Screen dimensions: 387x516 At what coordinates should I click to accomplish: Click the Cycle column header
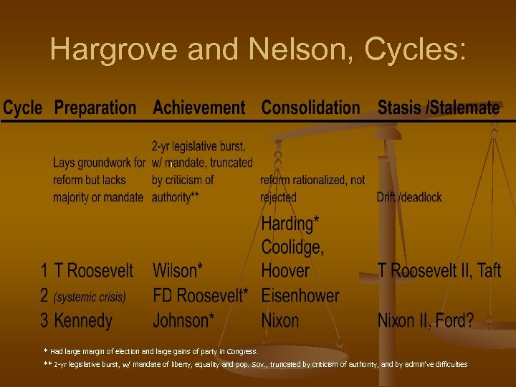[23, 108]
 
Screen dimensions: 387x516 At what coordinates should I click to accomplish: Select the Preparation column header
[95, 108]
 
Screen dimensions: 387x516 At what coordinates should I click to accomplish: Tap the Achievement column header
[199, 108]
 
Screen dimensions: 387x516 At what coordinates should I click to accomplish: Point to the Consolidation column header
[310, 108]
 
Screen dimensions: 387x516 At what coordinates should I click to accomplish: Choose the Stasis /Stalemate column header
[439, 108]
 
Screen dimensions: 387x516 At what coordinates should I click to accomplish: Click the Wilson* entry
[178, 271]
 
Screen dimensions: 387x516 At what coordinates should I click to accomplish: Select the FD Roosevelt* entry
[201, 295]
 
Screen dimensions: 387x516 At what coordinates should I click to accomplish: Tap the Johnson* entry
[183, 320]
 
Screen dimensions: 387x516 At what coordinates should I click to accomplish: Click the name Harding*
[288, 224]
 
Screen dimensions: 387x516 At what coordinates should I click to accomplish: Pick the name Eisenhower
[300, 295]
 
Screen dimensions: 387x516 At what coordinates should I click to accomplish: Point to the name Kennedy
[83, 320]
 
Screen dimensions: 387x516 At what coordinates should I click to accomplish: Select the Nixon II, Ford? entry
[426, 320]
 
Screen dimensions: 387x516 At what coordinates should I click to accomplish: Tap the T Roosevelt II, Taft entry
[439, 271]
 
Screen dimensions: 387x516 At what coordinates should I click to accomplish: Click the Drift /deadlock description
[409, 197]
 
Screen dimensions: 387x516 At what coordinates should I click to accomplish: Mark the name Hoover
[285, 271]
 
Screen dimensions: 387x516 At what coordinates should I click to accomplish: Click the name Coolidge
[292, 247]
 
